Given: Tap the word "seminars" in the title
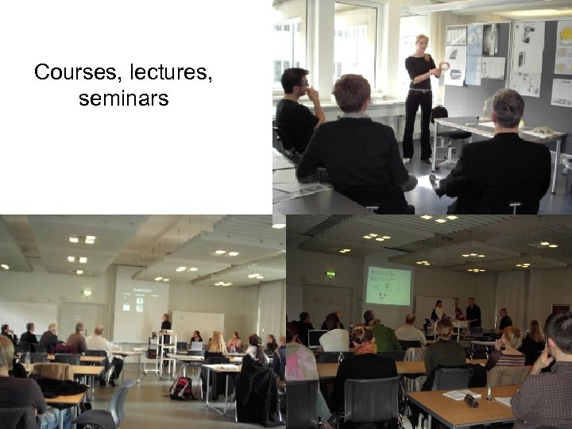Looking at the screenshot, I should click(x=124, y=99).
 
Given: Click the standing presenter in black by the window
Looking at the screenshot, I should click(x=419, y=95).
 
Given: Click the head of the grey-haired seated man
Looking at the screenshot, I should click(x=508, y=108).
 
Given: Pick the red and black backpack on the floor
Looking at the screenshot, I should click(x=182, y=388).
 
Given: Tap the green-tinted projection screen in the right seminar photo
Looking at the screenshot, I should click(x=388, y=285).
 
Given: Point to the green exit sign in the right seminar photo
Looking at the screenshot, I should click(x=330, y=274).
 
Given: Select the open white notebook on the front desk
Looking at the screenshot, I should click(x=462, y=395).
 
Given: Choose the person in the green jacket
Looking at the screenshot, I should click(x=386, y=336).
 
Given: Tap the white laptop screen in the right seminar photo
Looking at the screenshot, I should click(x=317, y=338).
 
